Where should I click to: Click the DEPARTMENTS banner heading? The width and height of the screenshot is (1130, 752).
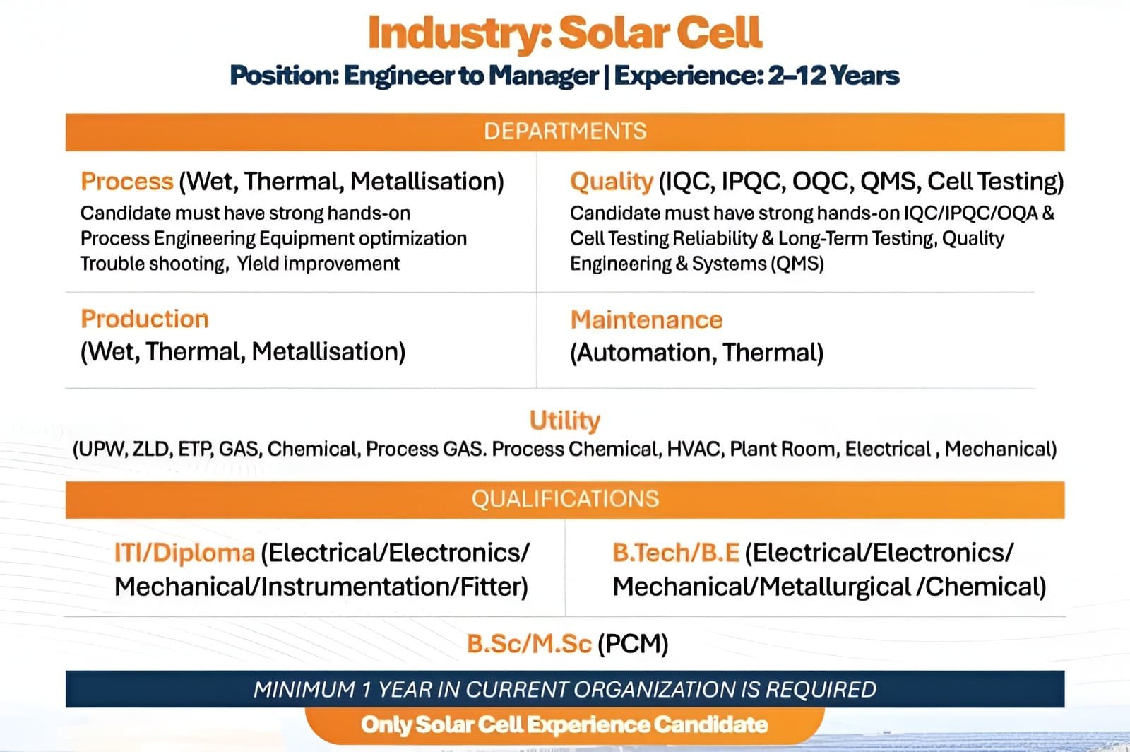tap(565, 131)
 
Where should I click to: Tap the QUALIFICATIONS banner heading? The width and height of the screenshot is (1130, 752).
tap(565, 499)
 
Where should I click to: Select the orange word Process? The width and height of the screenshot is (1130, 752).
tap(126, 181)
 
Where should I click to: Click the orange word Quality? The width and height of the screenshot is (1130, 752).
tap(612, 181)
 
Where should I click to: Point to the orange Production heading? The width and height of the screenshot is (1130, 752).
tap(144, 319)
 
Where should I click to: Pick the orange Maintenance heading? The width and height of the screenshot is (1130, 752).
tap(646, 320)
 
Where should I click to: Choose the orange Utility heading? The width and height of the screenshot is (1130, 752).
tap(565, 421)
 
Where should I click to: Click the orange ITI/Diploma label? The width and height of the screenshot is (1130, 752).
tap(184, 553)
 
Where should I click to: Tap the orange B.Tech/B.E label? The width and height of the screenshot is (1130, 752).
tap(676, 553)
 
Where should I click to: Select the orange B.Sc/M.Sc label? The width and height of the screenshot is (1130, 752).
tap(529, 644)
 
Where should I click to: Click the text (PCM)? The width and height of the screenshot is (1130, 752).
tap(633, 644)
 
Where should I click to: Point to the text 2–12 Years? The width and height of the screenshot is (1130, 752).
tap(833, 76)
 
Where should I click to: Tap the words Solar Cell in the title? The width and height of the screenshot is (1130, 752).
tap(660, 33)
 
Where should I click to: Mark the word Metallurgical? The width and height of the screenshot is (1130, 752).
tap(835, 587)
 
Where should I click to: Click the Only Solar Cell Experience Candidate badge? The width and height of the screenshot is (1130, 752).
tap(564, 725)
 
